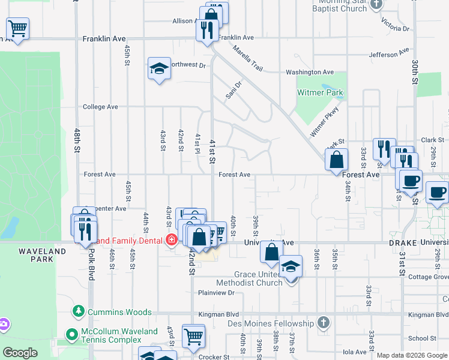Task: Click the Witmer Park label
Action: point(320,92)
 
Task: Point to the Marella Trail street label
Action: point(248,59)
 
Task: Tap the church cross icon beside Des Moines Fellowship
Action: point(324,323)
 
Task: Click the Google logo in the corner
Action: point(20,353)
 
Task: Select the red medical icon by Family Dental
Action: point(172,241)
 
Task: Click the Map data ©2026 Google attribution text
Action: point(411,355)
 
